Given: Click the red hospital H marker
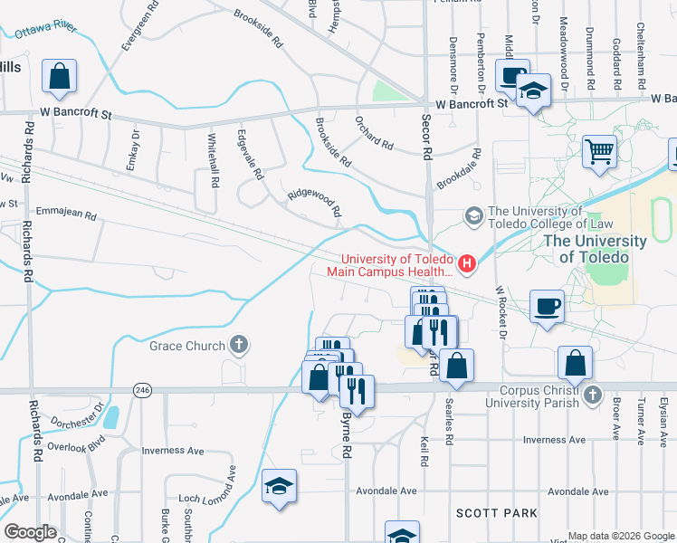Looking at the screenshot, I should (x=467, y=263).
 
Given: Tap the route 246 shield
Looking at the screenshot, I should (x=145, y=390).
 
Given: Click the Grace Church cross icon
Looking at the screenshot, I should (x=238, y=344).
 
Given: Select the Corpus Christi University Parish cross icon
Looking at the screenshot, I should (x=592, y=395).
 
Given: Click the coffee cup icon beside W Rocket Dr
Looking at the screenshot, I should (x=547, y=308).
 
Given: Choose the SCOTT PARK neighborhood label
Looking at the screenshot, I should (x=497, y=513).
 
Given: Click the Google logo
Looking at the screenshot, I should (x=30, y=532).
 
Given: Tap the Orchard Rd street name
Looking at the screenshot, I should (x=374, y=132).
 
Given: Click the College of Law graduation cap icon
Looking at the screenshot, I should (x=473, y=216).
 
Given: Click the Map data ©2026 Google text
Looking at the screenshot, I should (x=620, y=536).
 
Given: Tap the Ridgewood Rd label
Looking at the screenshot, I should (x=314, y=201).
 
